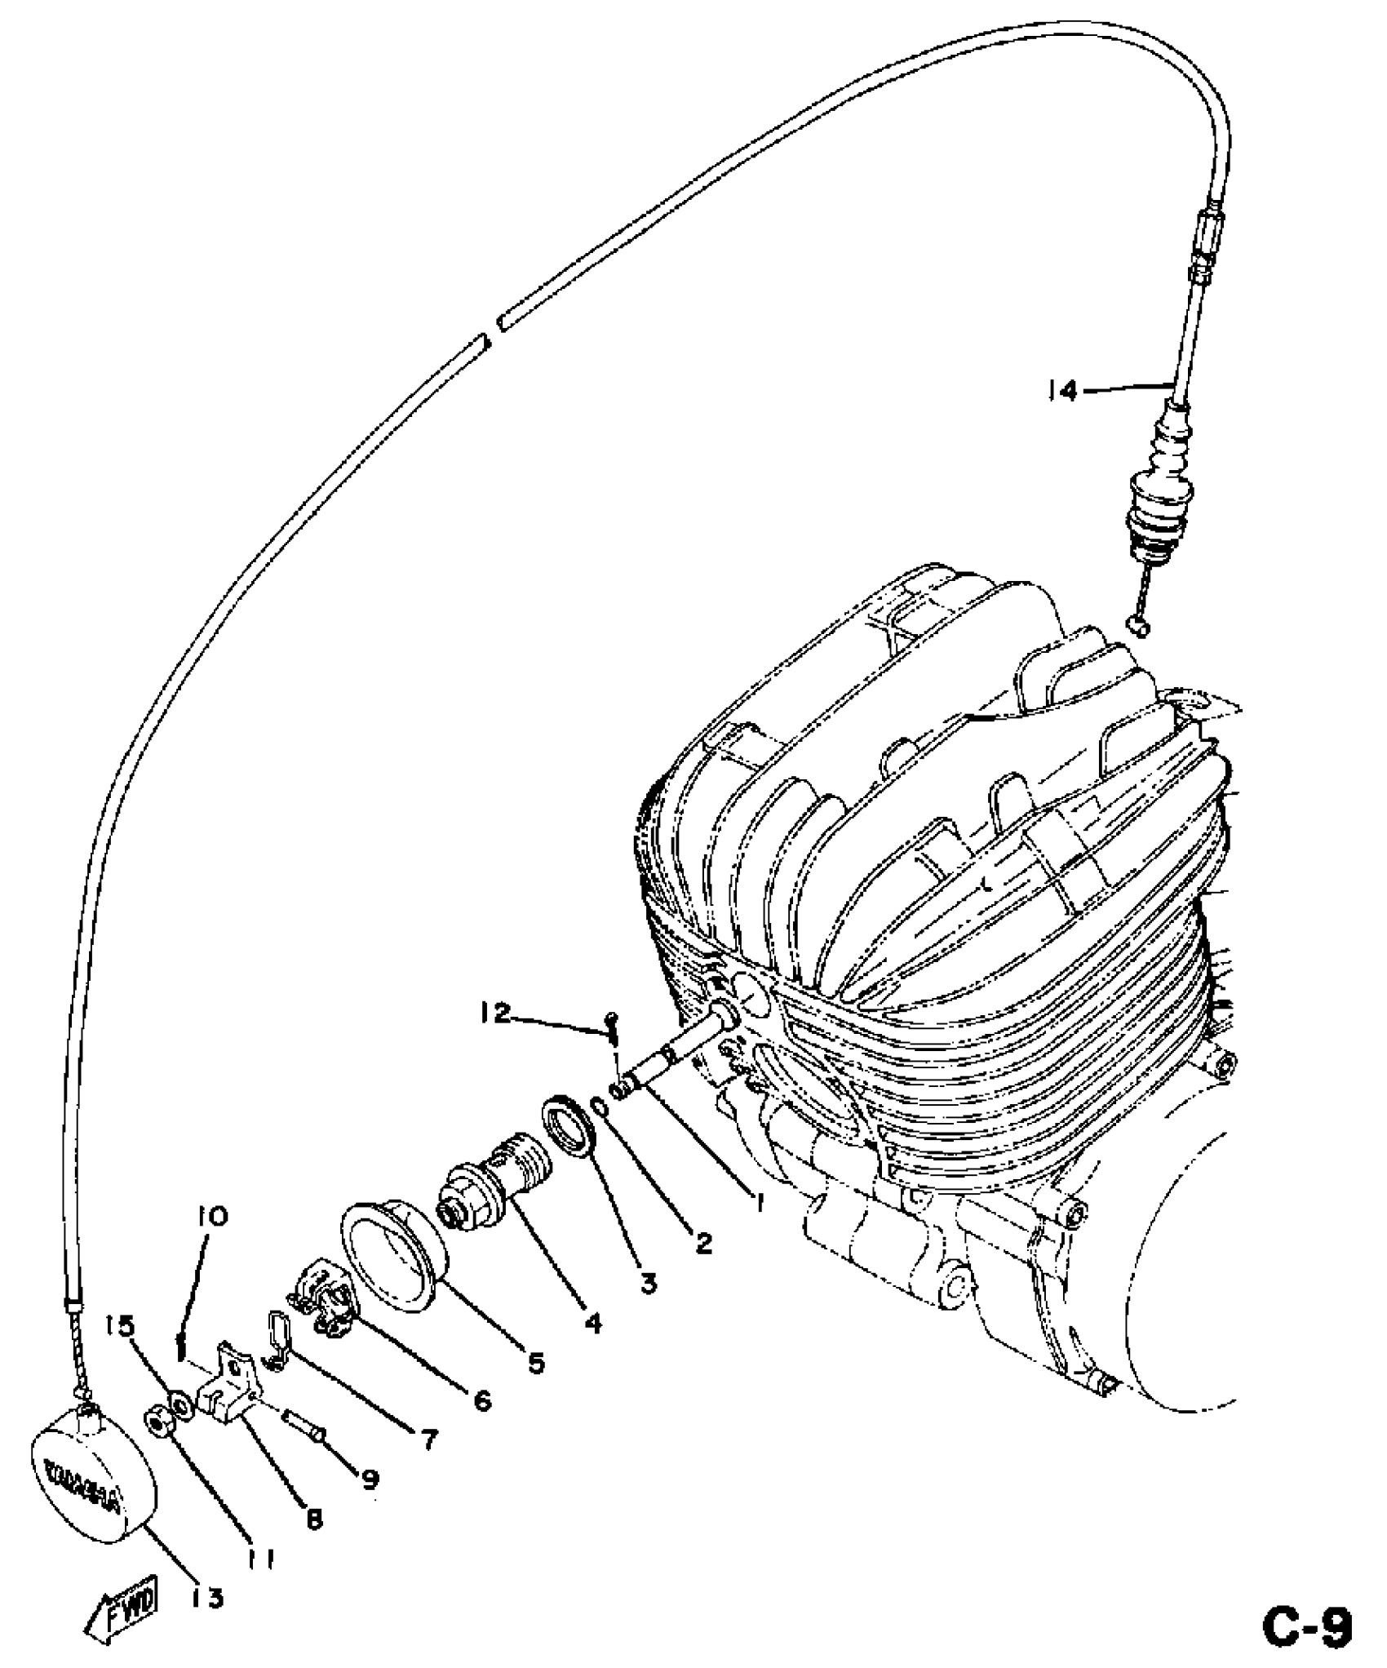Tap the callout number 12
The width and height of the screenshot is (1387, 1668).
(494, 1014)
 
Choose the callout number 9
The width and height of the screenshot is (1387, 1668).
(370, 1475)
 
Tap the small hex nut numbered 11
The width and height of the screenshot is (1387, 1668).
(155, 1425)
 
